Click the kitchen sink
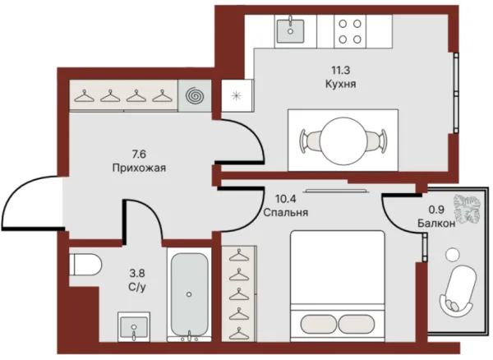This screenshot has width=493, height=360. pyautogui.click(x=290, y=31)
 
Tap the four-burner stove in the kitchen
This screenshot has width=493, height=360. pyautogui.click(x=350, y=31)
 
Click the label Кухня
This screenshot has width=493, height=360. pyautogui.click(x=340, y=85)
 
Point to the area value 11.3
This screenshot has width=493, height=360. pyautogui.click(x=340, y=71)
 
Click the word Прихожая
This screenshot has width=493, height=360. pyautogui.click(x=139, y=168)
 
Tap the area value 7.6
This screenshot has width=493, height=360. pyautogui.click(x=140, y=155)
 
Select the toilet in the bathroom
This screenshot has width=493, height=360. pyautogui.click(x=85, y=265)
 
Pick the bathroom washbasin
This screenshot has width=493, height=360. pyautogui.click(x=134, y=327)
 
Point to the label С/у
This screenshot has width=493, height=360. pyautogui.click(x=137, y=287)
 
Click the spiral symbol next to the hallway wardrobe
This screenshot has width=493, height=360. pyautogui.click(x=195, y=95)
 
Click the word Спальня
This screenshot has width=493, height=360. pyautogui.click(x=285, y=213)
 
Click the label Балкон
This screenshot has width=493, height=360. pyautogui.click(x=436, y=224)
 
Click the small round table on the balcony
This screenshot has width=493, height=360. pyautogui.click(x=453, y=254)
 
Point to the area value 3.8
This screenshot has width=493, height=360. pyautogui.click(x=137, y=273)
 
